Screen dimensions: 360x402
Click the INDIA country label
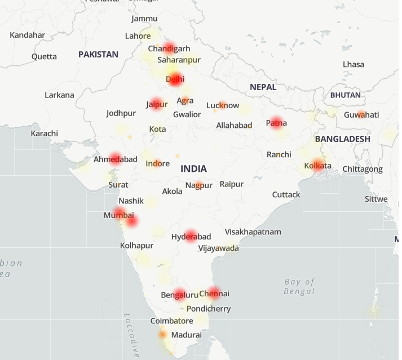[193, 168]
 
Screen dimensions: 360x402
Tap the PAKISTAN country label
[98, 54]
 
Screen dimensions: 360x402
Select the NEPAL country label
[263, 87]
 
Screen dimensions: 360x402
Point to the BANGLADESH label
[342, 139]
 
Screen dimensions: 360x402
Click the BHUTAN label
[345, 95]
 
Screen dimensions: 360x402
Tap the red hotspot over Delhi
[175, 79]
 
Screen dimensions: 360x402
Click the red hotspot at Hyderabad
[191, 236]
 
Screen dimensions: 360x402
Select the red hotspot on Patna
[276, 123]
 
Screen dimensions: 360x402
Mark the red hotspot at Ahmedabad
[116, 159]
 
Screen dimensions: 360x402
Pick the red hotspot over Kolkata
[317, 165]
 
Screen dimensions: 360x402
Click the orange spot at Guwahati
[361, 114]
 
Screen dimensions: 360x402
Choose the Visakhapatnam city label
[253, 232]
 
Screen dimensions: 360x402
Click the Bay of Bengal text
[299, 286]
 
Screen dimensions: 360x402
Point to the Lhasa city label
[354, 64]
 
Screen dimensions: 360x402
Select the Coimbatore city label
[171, 321]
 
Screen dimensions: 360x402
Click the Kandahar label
[27, 35]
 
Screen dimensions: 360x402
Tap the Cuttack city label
[286, 194]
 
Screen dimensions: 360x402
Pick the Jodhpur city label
[121, 113]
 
